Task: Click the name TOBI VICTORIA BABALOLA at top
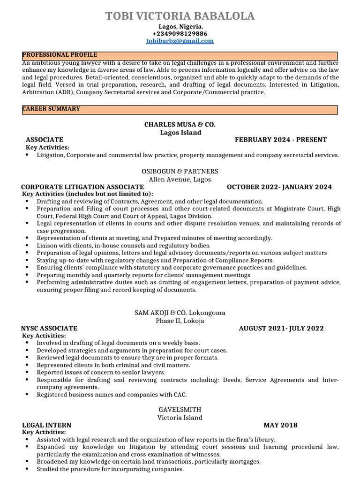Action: coord(180,16)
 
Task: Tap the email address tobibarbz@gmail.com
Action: coord(180,41)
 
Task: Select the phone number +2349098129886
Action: coord(180,34)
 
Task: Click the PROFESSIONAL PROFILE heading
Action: coord(60,55)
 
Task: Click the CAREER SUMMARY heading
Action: coord(51,109)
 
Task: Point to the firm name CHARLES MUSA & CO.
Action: coord(180,125)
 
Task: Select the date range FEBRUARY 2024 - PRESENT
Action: coord(281,140)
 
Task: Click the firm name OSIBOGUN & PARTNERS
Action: coord(180,172)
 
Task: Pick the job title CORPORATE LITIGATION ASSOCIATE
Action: coord(82,187)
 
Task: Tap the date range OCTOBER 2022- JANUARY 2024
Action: coord(279,187)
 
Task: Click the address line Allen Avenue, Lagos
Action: coord(180,179)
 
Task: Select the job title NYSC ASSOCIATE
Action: coord(49,328)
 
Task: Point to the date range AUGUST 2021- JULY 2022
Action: coord(281,328)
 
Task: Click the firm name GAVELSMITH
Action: coord(180,410)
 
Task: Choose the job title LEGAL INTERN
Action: coord(47,425)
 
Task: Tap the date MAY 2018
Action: coord(280,425)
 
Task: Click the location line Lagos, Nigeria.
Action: coord(180,27)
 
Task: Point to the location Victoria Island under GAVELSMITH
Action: coord(180,417)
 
